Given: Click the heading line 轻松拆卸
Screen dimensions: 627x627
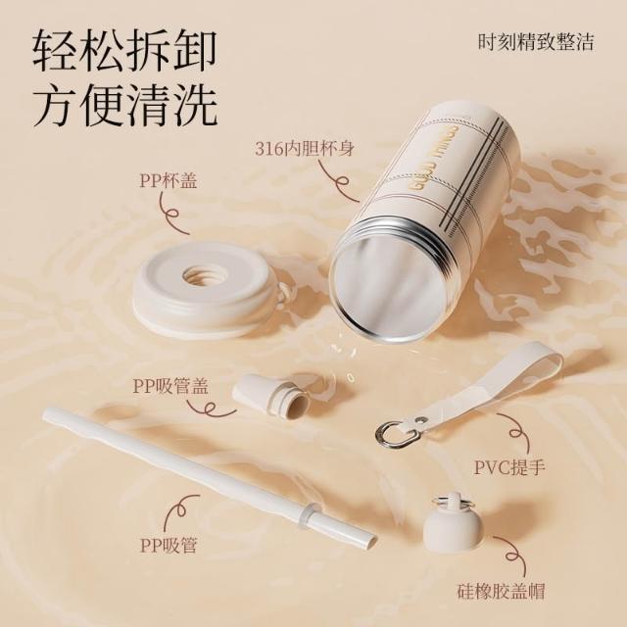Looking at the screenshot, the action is coord(124,51).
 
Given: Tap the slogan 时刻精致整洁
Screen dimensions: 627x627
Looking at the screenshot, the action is coord(536,42).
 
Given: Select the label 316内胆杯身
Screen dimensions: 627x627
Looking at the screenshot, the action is coord(305,149).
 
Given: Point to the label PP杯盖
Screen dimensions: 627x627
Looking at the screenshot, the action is coord(168,180).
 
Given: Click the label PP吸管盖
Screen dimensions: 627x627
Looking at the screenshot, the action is coord(170,386).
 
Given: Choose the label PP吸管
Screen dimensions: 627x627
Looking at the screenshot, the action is coord(169,545).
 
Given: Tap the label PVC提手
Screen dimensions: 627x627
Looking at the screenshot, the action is coord(509,466).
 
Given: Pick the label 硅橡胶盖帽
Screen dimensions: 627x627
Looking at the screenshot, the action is coord(501,591).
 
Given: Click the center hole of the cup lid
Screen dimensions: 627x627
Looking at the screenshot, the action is coord(204,275).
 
